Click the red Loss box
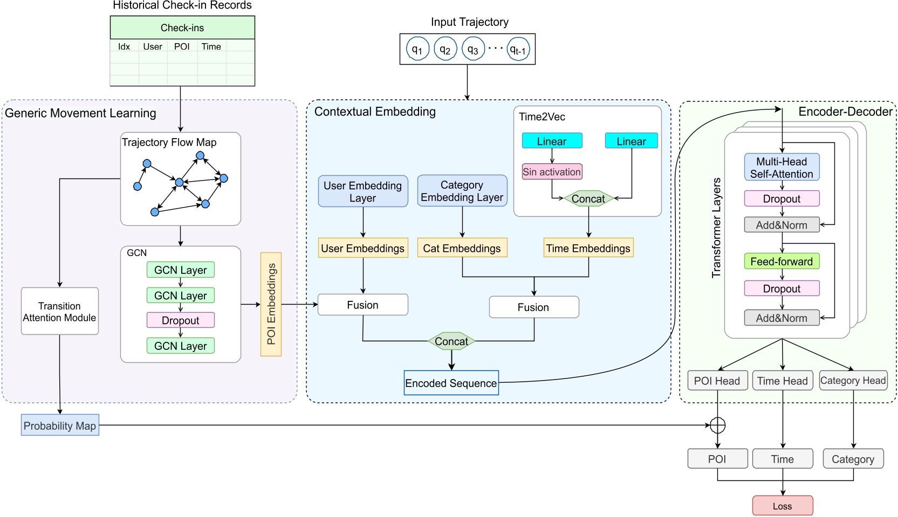click(x=782, y=506)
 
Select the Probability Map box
click(x=60, y=425)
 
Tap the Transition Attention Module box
click(x=59, y=312)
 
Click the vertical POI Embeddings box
click(x=271, y=305)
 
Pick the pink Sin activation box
click(x=552, y=172)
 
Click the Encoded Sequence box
click(x=451, y=383)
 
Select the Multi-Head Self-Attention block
click(x=782, y=168)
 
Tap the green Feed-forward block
click(x=782, y=261)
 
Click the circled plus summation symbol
click(x=717, y=425)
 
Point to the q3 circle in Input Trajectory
click(x=473, y=50)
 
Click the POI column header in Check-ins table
click(x=182, y=47)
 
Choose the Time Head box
click(x=782, y=381)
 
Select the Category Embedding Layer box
click(x=462, y=191)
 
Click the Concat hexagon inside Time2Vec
click(x=588, y=198)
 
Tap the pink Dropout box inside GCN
click(x=180, y=320)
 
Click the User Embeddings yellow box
click(x=362, y=248)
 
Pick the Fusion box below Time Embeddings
click(x=533, y=307)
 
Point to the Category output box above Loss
click(x=853, y=459)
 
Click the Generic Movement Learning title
click(x=80, y=113)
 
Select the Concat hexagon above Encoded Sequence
click(x=451, y=341)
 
